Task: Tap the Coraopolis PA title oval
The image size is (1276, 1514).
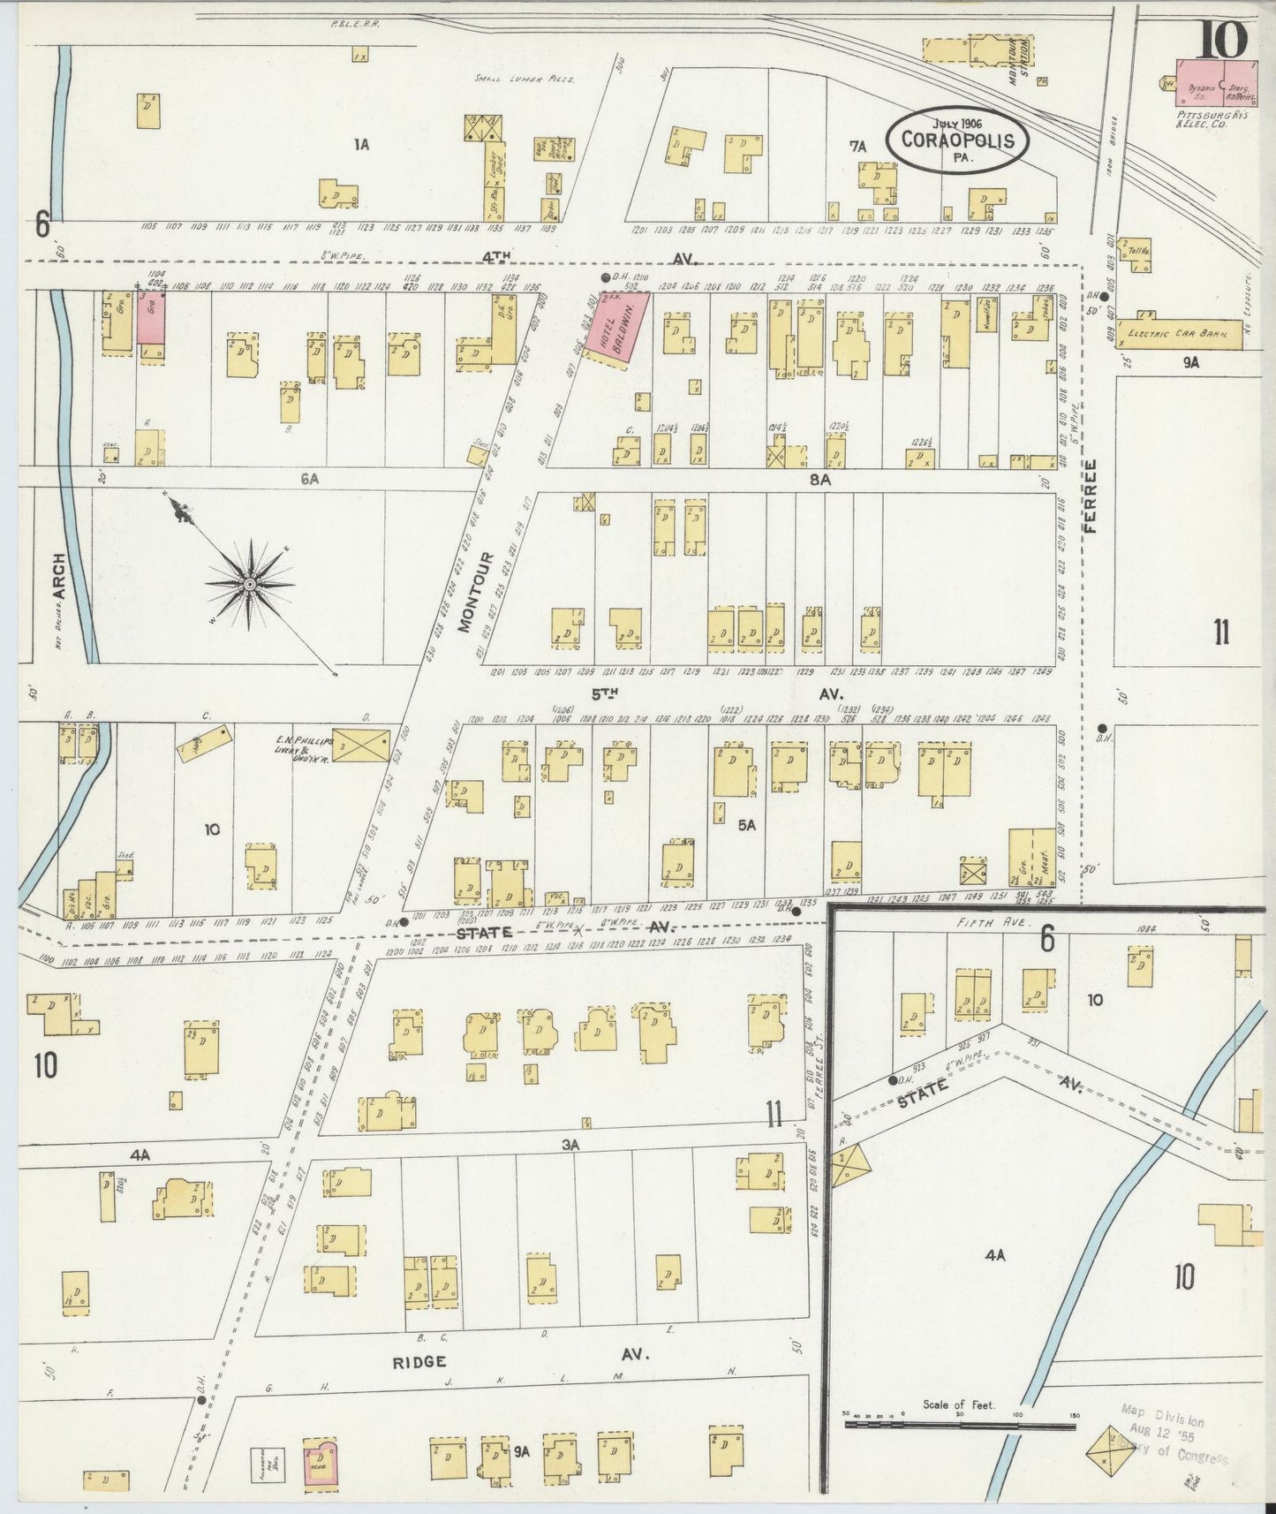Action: [957, 139]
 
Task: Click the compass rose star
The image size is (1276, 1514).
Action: [249, 584]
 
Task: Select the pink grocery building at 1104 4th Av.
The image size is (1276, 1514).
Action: [150, 318]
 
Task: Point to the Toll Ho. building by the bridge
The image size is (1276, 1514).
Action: [1138, 251]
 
